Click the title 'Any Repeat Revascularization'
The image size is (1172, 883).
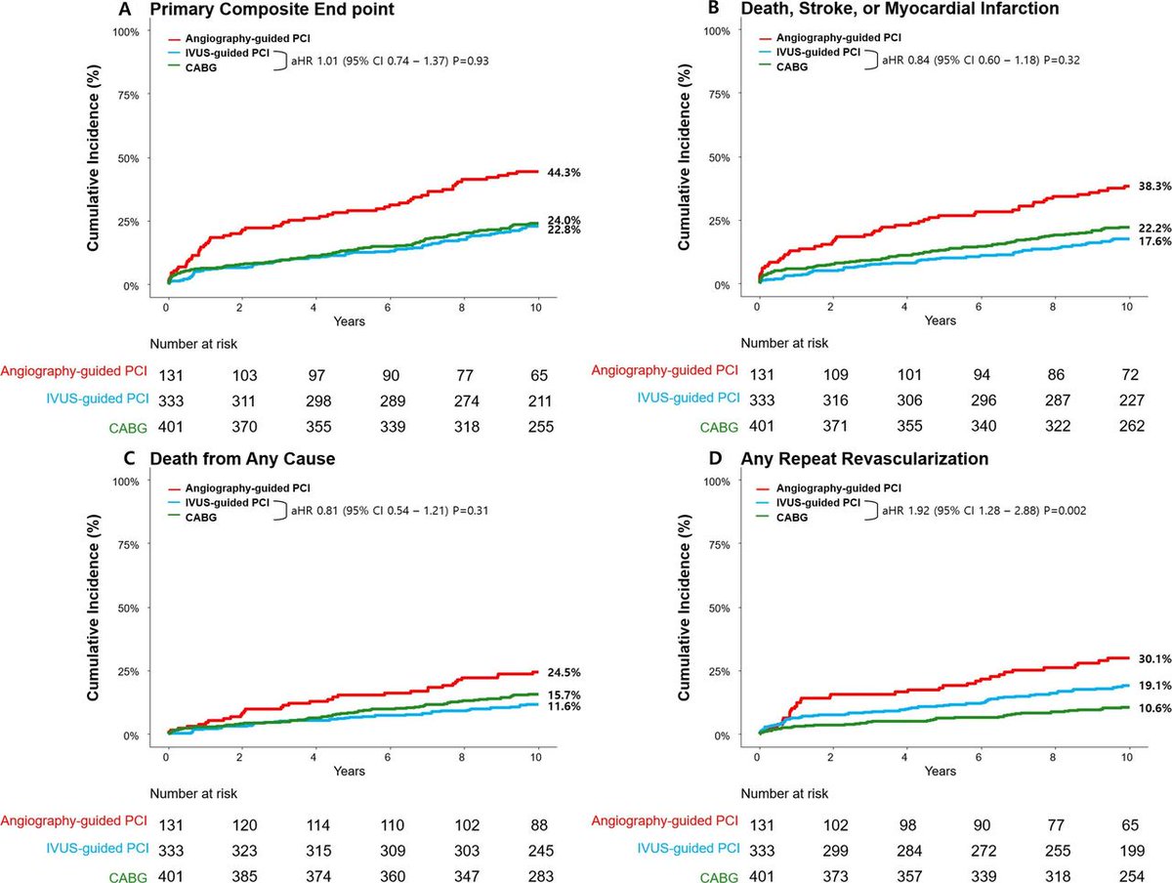point(890,459)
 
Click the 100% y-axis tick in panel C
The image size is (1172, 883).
point(125,481)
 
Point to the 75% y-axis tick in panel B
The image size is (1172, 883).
point(719,95)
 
